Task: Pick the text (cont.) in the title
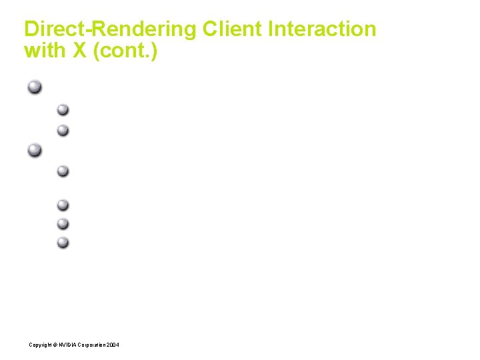(127, 51)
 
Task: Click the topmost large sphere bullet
(35, 87)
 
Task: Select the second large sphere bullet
(35, 149)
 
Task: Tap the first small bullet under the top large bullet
(63, 109)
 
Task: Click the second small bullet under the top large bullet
(63, 129)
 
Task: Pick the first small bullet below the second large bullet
(63, 171)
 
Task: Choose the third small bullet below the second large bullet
(63, 223)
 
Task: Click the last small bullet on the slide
(63, 242)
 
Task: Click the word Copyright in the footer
(39, 345)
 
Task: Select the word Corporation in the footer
(91, 345)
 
